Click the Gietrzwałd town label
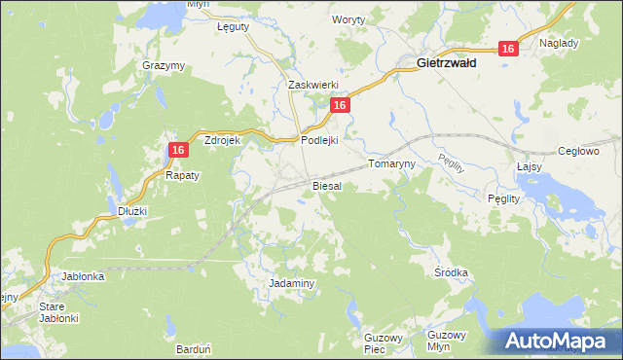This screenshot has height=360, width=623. click(x=446, y=63)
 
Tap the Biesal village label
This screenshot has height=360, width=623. click(x=326, y=185)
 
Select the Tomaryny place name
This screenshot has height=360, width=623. click(x=391, y=164)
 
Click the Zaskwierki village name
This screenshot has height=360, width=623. click(x=312, y=85)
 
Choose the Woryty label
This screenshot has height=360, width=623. click(x=348, y=19)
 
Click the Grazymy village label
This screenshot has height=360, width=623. click(x=164, y=65)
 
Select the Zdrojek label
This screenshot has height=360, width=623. click(x=222, y=140)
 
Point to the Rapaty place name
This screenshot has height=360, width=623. click(x=181, y=176)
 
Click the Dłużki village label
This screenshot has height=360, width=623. click(x=131, y=210)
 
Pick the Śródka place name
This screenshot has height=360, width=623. click(x=453, y=273)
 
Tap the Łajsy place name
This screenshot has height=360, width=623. click(x=529, y=166)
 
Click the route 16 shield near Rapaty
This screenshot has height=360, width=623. click(x=177, y=149)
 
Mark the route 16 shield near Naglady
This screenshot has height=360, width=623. click(x=507, y=49)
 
